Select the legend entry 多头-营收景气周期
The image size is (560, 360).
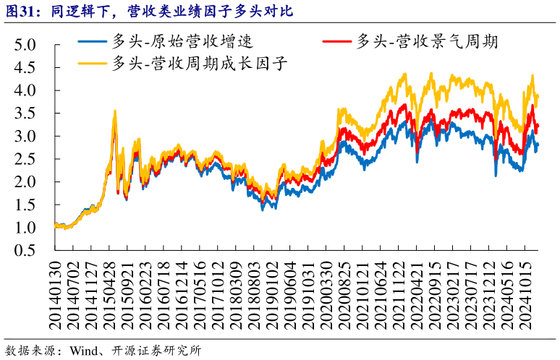pos(427,41)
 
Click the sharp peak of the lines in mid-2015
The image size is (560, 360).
pos(114,111)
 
